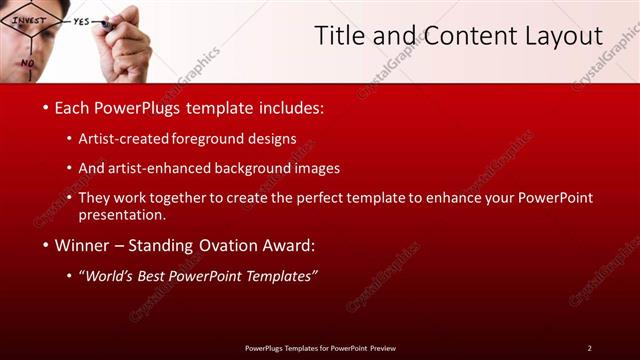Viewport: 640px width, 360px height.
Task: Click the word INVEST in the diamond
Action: click(x=29, y=20)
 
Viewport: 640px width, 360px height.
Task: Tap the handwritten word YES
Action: click(x=81, y=20)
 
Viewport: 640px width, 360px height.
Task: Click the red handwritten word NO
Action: click(x=27, y=62)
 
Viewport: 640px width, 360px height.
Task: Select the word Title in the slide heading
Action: click(x=341, y=37)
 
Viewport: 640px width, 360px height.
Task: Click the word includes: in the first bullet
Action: click(x=288, y=107)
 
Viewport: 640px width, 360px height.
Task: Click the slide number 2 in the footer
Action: click(x=589, y=348)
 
